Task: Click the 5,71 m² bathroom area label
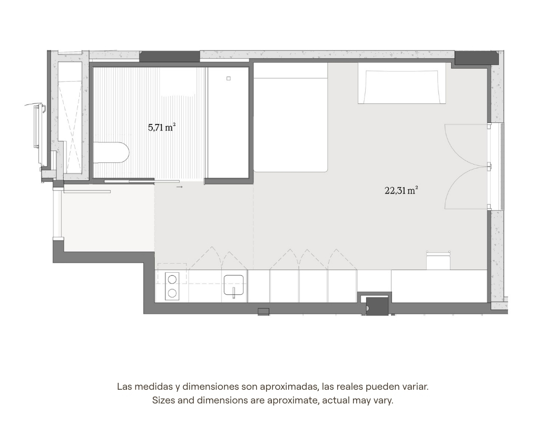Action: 161,128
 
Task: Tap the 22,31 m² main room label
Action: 402,190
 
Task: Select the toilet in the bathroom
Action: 111,152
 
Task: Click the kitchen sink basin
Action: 233,285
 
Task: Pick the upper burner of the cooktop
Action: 172,280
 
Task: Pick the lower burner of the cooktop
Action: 172,293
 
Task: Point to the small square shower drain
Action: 229,79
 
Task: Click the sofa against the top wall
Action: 402,83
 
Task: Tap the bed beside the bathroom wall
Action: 290,118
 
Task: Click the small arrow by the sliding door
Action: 180,187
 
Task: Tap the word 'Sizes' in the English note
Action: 163,400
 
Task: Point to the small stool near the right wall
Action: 438,260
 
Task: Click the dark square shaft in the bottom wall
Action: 377,306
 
